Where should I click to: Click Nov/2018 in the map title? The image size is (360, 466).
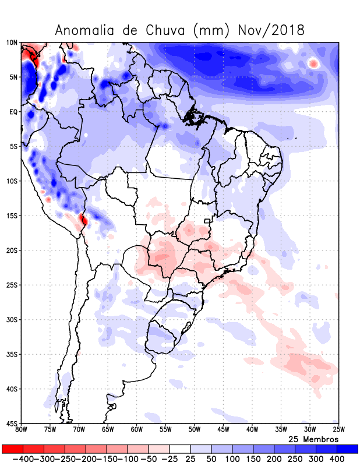[271, 30]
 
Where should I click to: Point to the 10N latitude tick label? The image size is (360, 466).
[12, 43]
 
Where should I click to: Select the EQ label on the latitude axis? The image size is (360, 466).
[13, 112]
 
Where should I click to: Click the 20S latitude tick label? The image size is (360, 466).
[12, 250]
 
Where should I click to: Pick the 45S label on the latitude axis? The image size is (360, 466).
[12, 423]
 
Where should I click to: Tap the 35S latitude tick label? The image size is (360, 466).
[12, 354]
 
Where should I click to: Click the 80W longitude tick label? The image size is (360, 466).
[22, 430]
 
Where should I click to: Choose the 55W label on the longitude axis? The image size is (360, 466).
[165, 430]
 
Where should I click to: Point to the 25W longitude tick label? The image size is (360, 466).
[338, 430]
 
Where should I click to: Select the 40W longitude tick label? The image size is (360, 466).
[252, 430]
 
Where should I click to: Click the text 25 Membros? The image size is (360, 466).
[313, 439]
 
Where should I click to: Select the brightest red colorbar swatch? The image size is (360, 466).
[12, 449]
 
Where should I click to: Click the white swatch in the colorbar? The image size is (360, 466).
[180, 449]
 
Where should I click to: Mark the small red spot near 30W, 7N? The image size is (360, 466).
[313, 63]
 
